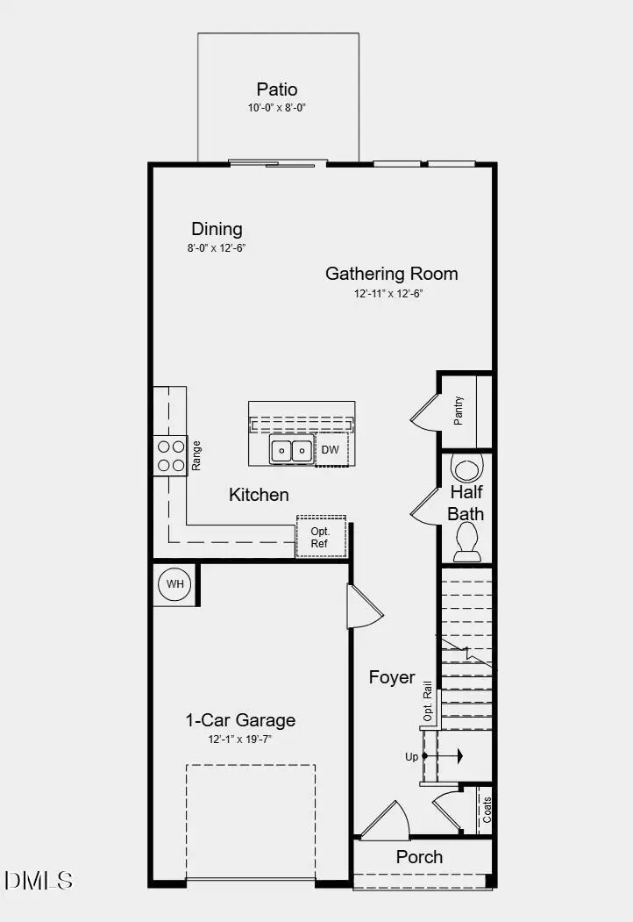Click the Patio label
(x=277, y=89)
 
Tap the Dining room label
(x=217, y=229)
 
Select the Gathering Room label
(x=391, y=274)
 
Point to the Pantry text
(x=459, y=411)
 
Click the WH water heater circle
(x=174, y=583)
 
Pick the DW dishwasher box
(x=330, y=450)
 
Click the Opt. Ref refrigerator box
(x=321, y=537)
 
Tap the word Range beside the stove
(x=196, y=456)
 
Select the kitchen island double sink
(x=291, y=451)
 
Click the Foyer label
(x=392, y=677)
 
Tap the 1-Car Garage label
(x=240, y=720)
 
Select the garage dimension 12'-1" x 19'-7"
(x=240, y=740)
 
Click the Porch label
(x=419, y=857)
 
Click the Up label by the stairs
(x=411, y=755)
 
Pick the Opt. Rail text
(x=429, y=702)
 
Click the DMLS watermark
(x=39, y=880)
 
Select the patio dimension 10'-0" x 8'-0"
(x=277, y=108)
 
